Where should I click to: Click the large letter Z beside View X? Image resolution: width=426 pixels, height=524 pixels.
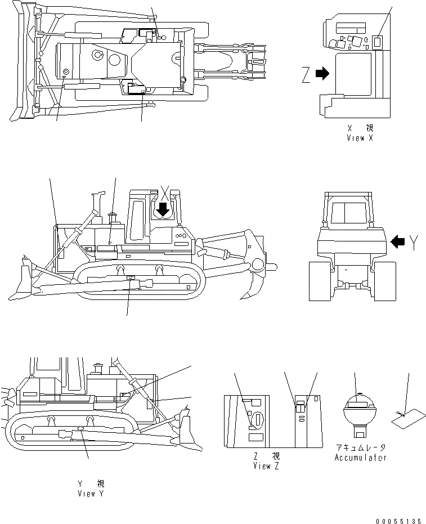306,75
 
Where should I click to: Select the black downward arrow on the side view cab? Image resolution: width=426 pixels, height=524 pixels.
163,210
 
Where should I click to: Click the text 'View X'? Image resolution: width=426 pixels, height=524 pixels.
360,137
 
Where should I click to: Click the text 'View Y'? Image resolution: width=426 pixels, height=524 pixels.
91,493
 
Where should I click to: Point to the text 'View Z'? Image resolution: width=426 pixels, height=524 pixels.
266,465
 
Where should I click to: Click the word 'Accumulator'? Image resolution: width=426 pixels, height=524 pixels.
360,458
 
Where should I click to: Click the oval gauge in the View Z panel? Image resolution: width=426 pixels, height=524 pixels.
258,419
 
